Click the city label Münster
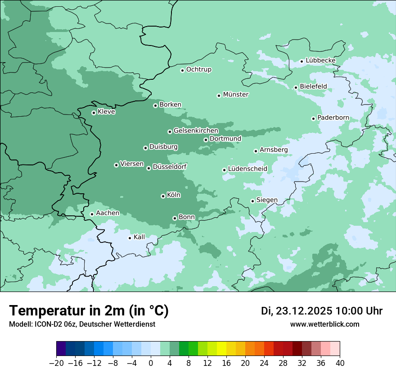(236, 95)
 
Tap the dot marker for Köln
(163, 196)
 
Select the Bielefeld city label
(313, 87)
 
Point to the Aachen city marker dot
(92, 214)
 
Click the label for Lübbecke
(320, 60)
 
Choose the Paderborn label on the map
(333, 118)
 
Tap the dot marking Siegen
(252, 201)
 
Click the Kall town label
(139, 237)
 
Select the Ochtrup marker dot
(182, 70)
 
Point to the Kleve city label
(106, 112)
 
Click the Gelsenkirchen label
(196, 131)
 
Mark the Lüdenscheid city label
(247, 169)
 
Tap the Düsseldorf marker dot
(148, 168)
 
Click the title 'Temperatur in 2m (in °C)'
(89, 311)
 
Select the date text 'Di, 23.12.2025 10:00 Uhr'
(322, 311)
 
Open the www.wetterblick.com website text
(324, 324)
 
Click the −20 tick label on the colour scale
(56, 363)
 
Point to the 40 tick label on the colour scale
(340, 363)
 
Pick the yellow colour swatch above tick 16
(226, 349)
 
